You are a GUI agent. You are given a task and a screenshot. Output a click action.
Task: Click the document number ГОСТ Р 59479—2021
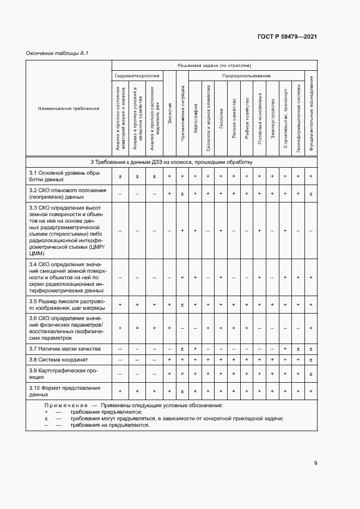287,36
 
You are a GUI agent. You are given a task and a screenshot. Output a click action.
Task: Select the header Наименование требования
69,108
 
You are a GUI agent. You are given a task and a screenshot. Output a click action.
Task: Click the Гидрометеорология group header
137,76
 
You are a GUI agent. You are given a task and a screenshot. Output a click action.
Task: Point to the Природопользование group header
246,76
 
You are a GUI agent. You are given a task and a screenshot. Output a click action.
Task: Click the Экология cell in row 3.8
170,360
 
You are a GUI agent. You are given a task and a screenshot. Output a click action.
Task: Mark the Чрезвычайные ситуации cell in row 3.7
182,348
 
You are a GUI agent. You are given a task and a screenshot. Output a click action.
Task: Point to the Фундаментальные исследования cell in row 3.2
311,193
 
